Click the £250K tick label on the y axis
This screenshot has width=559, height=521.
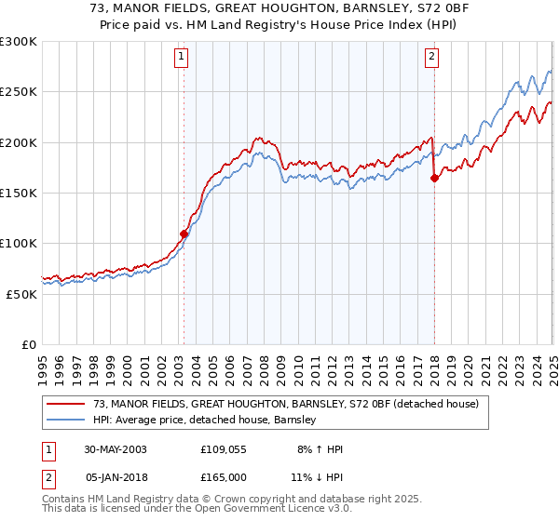point(18,92)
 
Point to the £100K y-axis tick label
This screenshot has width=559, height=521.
point(18,243)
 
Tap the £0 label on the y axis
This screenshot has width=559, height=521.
point(28,344)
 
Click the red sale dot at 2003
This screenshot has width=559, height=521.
point(184,234)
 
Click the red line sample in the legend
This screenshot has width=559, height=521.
point(66,404)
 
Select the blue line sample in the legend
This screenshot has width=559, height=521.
point(66,421)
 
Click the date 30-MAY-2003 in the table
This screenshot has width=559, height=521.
point(115,449)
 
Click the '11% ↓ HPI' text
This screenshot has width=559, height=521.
point(316,476)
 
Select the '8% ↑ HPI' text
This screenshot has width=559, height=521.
point(319,449)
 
